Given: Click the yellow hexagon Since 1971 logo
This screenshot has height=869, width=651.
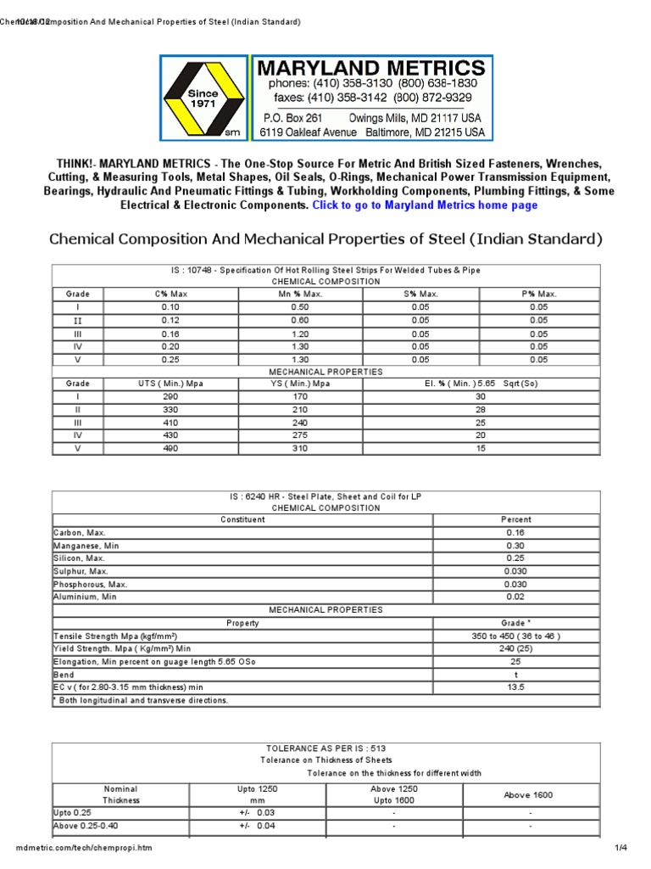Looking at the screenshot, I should tap(203, 98).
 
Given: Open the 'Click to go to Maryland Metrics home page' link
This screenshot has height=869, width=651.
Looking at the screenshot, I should tap(425, 205).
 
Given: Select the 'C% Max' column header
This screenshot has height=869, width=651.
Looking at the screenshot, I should tap(170, 294).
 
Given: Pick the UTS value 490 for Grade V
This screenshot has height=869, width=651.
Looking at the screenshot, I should tap(170, 448).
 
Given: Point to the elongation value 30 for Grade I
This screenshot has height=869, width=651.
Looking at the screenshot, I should tap(481, 396).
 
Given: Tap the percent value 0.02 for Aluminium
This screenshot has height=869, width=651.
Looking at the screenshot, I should tap(515, 597).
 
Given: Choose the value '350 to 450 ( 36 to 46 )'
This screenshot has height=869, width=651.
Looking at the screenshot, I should tap(515, 636).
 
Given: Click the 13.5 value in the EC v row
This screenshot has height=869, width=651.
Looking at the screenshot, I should tap(515, 687).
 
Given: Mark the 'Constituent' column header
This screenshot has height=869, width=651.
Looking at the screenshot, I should tap(242, 519).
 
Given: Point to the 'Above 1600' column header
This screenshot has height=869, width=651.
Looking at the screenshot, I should tap(529, 794).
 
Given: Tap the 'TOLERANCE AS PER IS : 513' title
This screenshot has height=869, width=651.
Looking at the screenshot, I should tap(326, 748).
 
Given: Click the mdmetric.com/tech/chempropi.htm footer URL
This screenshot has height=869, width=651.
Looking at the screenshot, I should tap(85, 849).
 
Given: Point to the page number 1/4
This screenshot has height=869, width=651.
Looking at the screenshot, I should tap(620, 849).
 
